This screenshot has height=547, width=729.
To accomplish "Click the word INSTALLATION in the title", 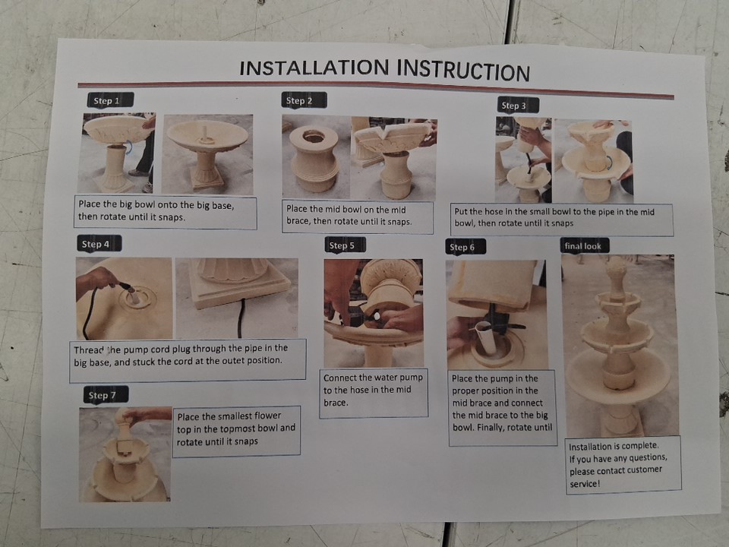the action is point(314,68).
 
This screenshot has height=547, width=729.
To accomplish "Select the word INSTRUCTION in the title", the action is point(463,71).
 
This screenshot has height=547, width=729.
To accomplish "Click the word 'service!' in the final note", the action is point(585,484).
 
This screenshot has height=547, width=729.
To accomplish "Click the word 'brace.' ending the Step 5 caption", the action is point(336,403).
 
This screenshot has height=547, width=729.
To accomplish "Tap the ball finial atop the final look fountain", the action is point(617,267).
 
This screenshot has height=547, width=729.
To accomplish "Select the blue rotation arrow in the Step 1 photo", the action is point(129,147).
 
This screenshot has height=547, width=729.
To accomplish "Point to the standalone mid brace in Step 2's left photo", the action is point(314,158).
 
